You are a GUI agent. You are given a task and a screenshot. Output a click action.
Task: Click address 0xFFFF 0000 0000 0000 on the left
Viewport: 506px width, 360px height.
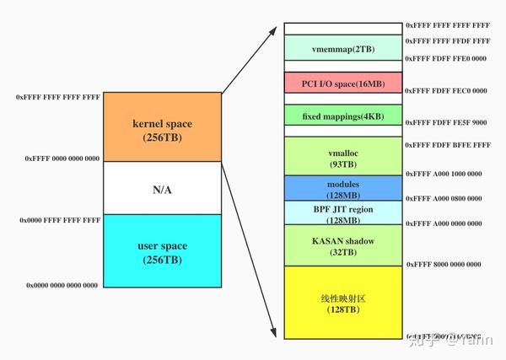pos(62,159)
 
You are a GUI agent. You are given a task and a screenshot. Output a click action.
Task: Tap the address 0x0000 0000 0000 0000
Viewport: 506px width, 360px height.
pos(62,286)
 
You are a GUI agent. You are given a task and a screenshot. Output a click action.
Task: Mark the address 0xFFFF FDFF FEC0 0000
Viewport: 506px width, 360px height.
pos(447,90)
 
